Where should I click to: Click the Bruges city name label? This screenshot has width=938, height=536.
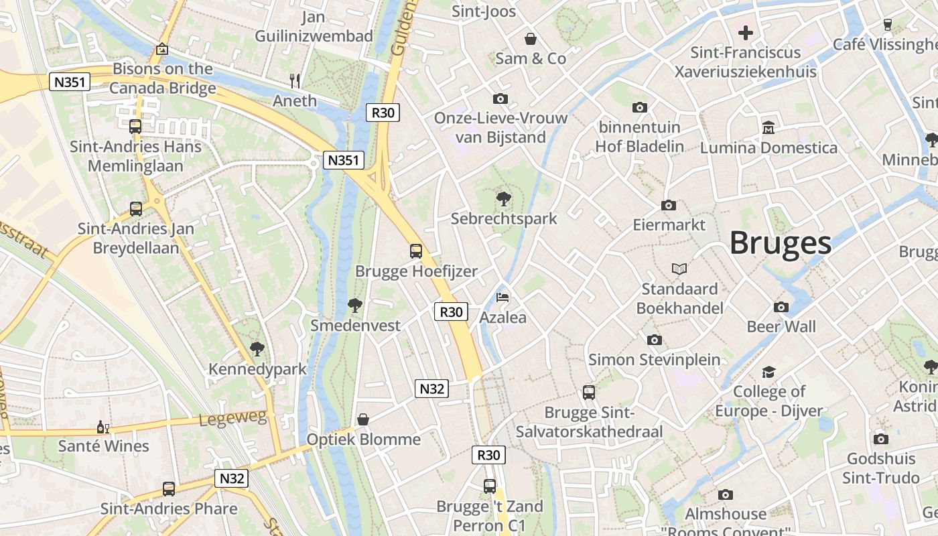click(780, 243)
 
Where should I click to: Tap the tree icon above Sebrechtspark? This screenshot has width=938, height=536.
click(503, 198)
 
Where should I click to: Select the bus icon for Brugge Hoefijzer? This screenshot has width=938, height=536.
click(416, 251)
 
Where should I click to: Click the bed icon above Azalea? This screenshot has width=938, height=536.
click(503, 297)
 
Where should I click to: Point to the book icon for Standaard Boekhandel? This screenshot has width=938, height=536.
click(679, 269)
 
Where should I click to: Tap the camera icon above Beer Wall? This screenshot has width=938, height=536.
click(781, 307)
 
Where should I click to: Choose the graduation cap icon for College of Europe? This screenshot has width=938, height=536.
click(768, 371)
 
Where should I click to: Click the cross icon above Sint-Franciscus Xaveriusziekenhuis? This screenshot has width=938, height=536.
click(746, 32)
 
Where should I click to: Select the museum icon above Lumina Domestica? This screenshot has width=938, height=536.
click(768, 127)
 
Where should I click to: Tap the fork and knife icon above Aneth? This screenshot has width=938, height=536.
click(295, 81)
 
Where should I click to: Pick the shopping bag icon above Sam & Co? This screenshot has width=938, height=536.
click(531, 39)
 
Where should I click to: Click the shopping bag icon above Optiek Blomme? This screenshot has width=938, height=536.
click(363, 419)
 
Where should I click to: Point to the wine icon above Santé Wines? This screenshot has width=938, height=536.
click(103, 426)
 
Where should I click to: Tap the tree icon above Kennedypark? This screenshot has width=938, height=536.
click(257, 349)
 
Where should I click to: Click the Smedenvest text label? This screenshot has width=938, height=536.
click(355, 326)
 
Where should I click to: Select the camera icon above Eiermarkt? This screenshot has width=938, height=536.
click(669, 205)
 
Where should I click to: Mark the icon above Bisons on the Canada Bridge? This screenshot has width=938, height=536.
click(161, 49)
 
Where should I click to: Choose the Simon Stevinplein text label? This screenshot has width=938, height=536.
click(654, 360)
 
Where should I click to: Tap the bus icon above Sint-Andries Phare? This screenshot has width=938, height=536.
click(169, 489)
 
